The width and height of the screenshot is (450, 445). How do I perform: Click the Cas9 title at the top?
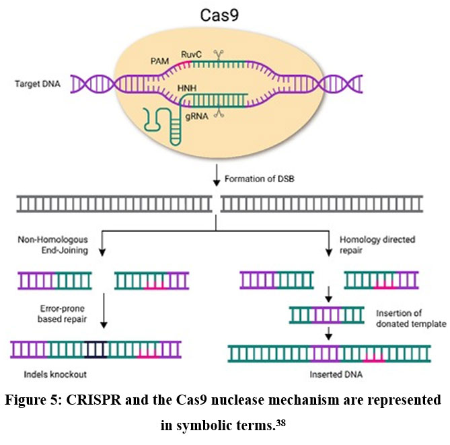pyautogui.click(x=225, y=14)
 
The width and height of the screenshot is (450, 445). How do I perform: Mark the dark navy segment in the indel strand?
pyautogui.click(x=96, y=349)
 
